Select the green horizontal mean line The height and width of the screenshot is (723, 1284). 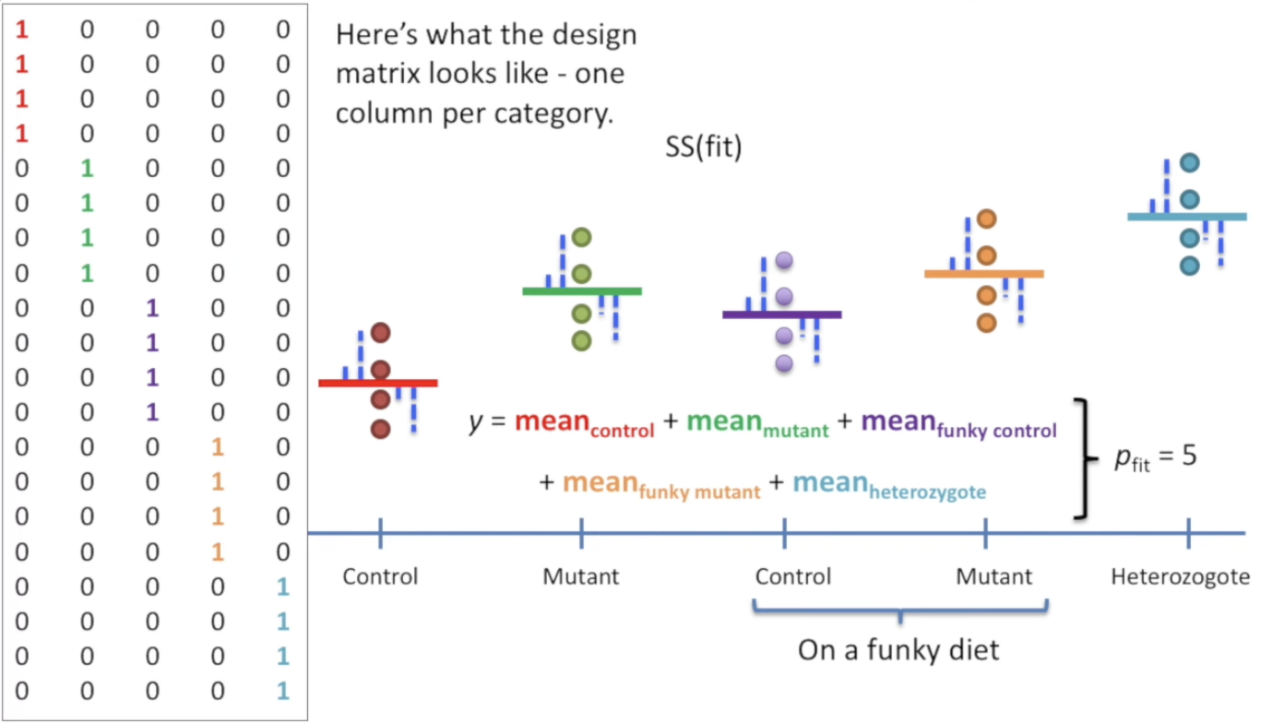pos(581,290)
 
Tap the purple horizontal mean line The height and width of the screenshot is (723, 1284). pos(781,314)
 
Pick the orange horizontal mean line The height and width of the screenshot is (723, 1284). pos(983,273)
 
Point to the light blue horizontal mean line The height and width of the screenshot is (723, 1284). pos(1186,217)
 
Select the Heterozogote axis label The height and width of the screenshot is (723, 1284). pos(1180,577)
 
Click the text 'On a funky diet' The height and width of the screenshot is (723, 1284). pos(898,649)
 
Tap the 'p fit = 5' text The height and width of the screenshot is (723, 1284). pos(1154,457)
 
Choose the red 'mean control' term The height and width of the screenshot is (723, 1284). pos(584,424)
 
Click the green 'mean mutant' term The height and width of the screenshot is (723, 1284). pos(757,424)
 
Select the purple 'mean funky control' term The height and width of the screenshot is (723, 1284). pos(958,424)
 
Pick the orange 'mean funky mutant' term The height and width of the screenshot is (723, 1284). pos(660,484)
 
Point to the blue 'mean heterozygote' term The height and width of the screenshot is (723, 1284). pos(888,484)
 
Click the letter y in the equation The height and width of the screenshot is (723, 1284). pos(475,424)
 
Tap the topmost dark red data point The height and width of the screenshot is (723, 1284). pos(381,333)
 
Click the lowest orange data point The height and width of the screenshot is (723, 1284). pos(986,323)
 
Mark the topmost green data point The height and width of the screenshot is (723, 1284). pos(581,238)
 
